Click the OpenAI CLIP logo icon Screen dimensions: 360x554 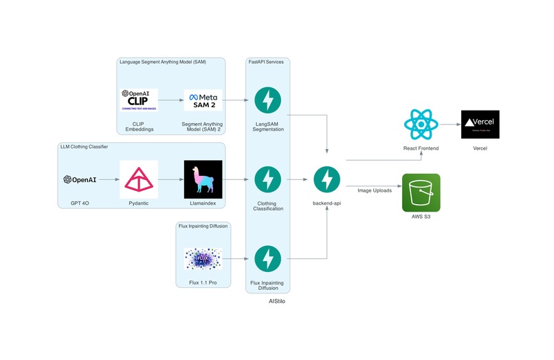point(138,100)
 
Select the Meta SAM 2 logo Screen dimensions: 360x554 point(203,100)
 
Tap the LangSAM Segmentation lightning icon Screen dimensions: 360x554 point(268,100)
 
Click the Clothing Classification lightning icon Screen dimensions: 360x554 point(268,179)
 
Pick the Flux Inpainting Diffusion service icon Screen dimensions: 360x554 point(268,258)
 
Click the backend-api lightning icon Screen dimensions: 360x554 point(327,179)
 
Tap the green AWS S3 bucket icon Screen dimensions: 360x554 point(421,192)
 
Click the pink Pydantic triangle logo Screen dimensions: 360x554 point(138,179)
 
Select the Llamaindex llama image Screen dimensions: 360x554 point(203,179)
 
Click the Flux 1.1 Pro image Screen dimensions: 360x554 point(203,258)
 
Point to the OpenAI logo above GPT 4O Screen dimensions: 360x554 point(80,179)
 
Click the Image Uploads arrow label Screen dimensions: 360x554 point(375,190)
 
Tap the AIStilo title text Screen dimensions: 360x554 point(277,301)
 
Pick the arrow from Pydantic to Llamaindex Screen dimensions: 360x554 point(170,179)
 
